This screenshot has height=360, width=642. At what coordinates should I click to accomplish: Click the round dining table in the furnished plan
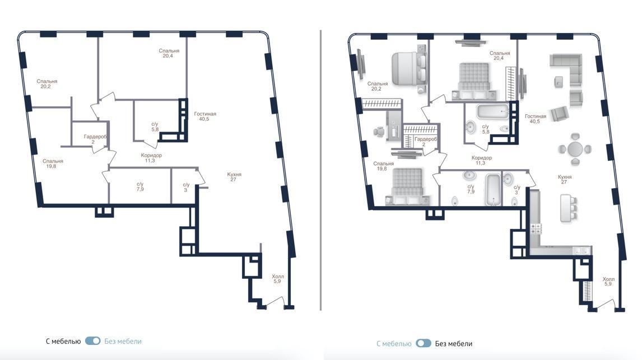coord(575,149)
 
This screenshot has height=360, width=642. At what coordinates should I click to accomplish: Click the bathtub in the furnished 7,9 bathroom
coord(493,190)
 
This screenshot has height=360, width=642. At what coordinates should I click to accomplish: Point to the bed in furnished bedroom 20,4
coord(474,81)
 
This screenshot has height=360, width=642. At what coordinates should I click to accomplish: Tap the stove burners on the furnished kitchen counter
coord(536,228)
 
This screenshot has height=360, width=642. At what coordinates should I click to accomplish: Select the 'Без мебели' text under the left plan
coord(123,341)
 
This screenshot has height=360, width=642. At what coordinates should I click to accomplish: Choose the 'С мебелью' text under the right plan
coord(394,344)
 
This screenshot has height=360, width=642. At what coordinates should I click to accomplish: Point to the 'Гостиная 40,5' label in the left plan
coord(204,116)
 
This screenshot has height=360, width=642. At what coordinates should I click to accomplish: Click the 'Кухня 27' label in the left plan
coord(234,177)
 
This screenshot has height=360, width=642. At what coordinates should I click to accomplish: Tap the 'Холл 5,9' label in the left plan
coord(278,279)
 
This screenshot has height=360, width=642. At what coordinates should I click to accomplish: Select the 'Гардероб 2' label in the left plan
coord(95,139)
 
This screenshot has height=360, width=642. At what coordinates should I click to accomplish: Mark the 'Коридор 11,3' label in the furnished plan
coord(482,160)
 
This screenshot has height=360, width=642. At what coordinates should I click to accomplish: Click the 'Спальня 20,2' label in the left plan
coord(46,84)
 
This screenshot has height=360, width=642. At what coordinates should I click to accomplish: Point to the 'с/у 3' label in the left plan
coord(186,188)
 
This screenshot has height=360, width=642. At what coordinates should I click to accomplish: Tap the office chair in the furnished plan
coord(379,132)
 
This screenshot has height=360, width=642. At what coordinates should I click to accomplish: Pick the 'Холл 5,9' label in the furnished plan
coord(608,281)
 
